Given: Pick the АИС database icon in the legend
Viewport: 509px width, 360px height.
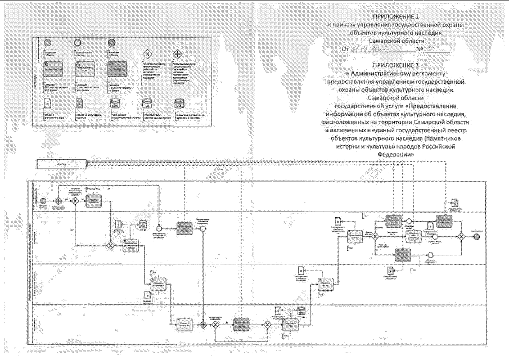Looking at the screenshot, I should click(115, 105).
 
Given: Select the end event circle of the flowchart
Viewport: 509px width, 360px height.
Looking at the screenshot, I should click(477, 237).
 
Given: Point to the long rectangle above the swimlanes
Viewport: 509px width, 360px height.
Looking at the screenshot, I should click(62, 164).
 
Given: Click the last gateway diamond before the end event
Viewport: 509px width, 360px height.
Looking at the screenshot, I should click(461, 236).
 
